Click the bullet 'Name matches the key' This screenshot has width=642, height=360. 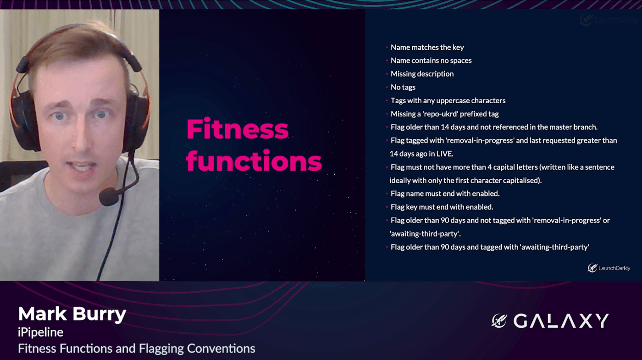pyautogui.click(x=427, y=47)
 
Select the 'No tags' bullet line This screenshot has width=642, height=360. pyautogui.click(x=403, y=87)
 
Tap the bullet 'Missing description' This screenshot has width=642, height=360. pyautogui.click(x=422, y=74)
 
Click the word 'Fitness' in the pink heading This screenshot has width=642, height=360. pyautogui.click(x=238, y=129)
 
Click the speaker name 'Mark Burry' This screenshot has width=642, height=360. pyautogui.click(x=72, y=314)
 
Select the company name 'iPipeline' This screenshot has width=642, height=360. pyautogui.click(x=40, y=332)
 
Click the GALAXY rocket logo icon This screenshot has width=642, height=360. pyautogui.click(x=499, y=321)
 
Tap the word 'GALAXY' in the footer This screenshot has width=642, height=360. pyautogui.click(x=561, y=321)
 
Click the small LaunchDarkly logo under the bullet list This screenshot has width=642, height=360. pyautogui.click(x=609, y=268)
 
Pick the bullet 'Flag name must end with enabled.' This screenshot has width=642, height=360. pyautogui.click(x=445, y=194)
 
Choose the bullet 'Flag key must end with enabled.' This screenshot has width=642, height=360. pyautogui.click(x=442, y=207)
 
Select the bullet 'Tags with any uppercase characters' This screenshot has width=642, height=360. pyautogui.click(x=448, y=100)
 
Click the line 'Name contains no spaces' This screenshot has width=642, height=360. pyautogui.click(x=431, y=61)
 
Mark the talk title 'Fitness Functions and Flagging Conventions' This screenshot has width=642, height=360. pyautogui.click(x=137, y=349)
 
